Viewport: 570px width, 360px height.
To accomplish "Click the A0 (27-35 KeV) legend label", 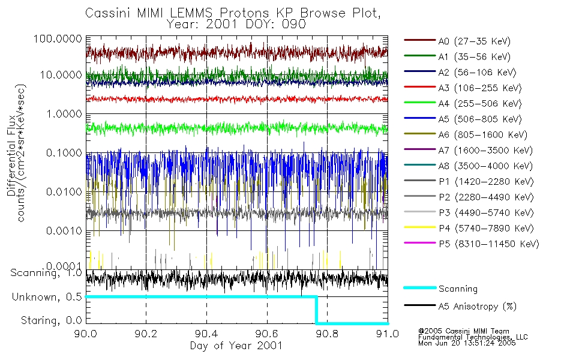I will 472,41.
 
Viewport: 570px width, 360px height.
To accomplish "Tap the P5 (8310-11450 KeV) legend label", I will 488,244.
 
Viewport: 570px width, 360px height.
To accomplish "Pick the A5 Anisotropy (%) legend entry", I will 478,307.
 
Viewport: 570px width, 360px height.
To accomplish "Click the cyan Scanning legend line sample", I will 419,288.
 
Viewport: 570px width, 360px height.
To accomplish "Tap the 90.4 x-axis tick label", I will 206,335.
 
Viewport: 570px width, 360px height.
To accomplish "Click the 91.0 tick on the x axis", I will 388,335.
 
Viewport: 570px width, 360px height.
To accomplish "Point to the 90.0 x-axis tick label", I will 86,335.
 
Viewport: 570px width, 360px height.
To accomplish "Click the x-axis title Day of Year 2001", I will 236,346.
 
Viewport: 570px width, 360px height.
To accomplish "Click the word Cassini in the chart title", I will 107,13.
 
